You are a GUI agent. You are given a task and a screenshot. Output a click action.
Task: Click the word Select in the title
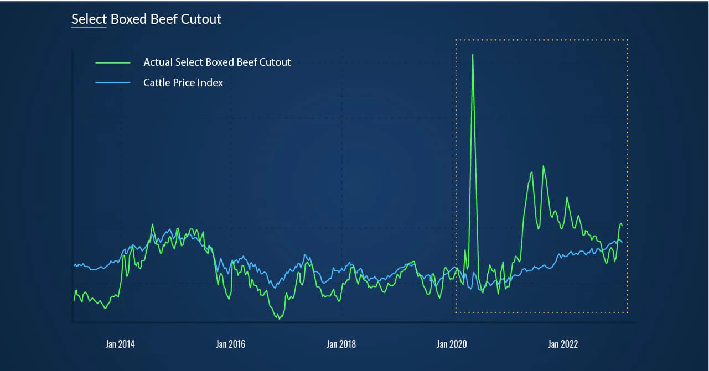coord(89,19)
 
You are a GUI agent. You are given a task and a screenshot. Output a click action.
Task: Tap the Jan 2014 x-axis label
coord(120,344)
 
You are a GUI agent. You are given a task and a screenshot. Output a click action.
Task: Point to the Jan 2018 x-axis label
coord(341,344)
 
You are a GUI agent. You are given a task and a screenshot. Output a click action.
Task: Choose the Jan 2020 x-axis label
coord(452,344)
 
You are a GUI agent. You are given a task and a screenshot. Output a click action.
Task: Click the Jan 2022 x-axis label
coord(563,344)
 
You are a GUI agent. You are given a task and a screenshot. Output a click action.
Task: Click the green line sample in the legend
coord(113,62)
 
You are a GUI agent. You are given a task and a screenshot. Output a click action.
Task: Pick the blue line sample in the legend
coord(113,83)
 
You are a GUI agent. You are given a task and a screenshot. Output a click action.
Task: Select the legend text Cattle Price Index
coord(183,83)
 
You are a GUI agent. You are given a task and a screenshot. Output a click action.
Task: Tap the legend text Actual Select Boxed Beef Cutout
coord(217,62)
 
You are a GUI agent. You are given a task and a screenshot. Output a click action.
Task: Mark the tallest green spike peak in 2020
coord(473,54)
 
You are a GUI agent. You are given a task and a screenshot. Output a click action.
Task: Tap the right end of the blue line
coord(622,242)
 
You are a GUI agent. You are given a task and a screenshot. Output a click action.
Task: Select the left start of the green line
coord(74,301)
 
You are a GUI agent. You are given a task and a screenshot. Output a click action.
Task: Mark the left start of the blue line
coord(74,266)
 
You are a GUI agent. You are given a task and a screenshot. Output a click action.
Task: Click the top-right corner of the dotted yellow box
coord(628,40)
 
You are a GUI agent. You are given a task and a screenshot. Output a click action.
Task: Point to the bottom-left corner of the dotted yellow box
coord(456,312)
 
